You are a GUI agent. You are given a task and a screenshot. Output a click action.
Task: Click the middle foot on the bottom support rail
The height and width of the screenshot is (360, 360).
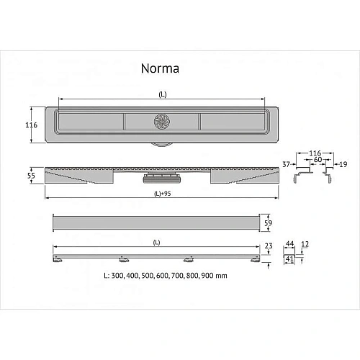click(121, 258)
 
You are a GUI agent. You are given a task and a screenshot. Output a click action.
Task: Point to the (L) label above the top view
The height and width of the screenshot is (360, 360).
click(160, 94)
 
